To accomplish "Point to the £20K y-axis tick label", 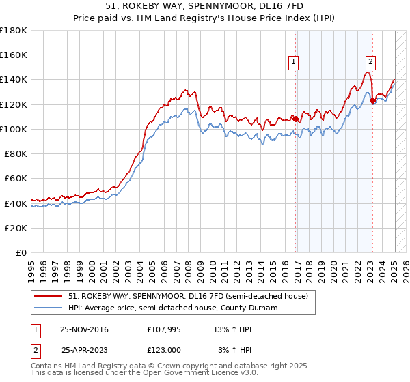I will tap(15, 228).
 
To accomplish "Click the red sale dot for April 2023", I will tap(372, 101).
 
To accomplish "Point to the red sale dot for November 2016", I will tap(296, 119).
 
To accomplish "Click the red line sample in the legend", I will tap(49, 296).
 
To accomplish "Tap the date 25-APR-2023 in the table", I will tap(86, 350).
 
